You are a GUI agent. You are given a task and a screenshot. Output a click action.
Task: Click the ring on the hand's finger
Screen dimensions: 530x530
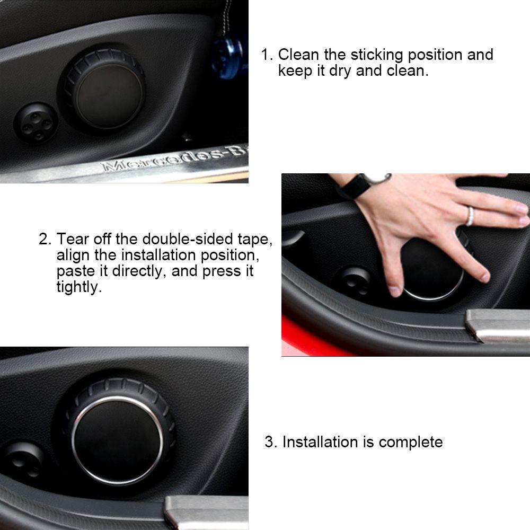click(x=470, y=216)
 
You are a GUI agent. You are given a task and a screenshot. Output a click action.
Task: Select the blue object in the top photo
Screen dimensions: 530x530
click(x=228, y=58)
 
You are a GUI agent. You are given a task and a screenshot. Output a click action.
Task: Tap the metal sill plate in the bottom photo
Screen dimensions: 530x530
click(x=207, y=511)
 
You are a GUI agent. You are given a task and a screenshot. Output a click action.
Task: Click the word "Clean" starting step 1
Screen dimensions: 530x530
click(x=298, y=55)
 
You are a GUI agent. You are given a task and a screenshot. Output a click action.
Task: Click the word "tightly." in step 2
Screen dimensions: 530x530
click(x=78, y=287)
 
